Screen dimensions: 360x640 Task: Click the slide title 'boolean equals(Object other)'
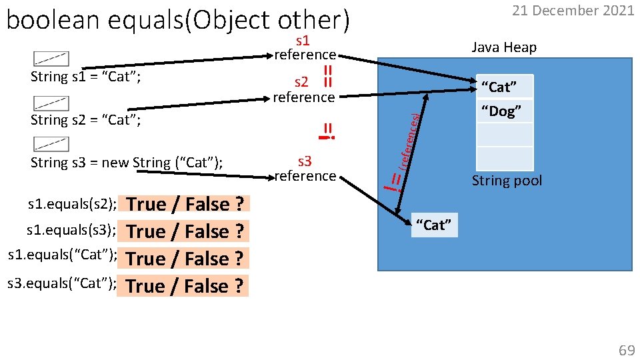click(177, 21)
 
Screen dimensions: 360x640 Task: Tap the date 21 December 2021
click(573, 11)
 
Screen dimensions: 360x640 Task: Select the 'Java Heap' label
click(503, 47)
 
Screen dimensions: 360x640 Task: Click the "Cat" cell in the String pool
click(505, 87)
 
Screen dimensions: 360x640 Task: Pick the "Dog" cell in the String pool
click(505, 111)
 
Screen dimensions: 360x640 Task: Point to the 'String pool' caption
click(507, 181)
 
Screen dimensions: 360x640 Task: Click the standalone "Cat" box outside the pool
click(434, 225)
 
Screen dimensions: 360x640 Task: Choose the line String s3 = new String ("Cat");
click(127, 163)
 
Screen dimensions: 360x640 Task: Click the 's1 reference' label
click(305, 47)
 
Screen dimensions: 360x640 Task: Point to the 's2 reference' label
click(303, 90)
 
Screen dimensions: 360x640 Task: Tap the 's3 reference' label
click(305, 169)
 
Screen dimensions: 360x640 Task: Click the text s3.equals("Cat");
click(61, 285)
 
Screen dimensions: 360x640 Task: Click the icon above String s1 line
click(51, 60)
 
